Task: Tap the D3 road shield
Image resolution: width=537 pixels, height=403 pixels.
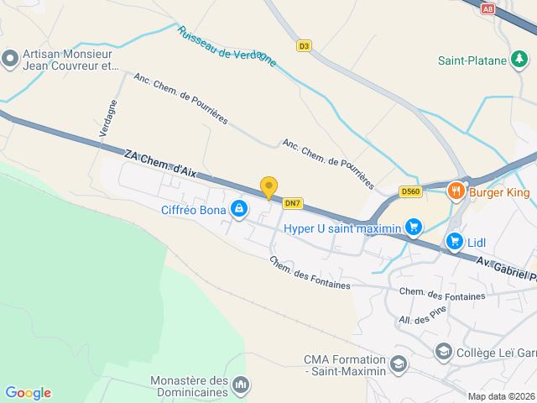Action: (x=304, y=46)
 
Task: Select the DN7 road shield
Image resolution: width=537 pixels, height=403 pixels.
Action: (x=292, y=203)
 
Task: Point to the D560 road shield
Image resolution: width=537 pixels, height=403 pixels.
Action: (x=410, y=191)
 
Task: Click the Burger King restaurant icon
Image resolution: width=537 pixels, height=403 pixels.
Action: (x=456, y=191)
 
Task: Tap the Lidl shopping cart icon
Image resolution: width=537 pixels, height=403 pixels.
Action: (x=455, y=242)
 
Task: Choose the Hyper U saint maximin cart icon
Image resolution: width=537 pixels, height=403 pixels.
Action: (x=413, y=227)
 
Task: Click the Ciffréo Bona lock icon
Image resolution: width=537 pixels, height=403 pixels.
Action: (x=239, y=208)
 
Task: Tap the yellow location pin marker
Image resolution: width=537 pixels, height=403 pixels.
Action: (x=268, y=187)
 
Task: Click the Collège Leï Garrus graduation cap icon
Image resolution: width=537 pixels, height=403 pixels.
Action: (x=444, y=352)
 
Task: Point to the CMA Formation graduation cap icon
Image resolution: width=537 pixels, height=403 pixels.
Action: (x=398, y=364)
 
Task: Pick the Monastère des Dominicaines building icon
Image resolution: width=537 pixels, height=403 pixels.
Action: (x=242, y=385)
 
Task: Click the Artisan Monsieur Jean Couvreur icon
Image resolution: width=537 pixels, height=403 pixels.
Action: (x=10, y=58)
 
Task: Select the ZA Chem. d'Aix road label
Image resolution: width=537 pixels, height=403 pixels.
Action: (x=159, y=163)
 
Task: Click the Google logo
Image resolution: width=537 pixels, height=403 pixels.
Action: (x=28, y=393)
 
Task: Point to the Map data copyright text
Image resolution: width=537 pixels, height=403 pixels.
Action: (x=501, y=396)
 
